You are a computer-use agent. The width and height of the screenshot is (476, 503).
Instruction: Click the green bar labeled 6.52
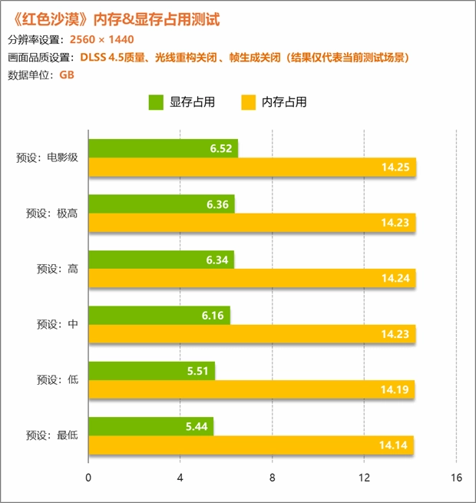tap(163, 148)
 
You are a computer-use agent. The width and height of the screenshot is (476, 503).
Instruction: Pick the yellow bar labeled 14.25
tap(252, 167)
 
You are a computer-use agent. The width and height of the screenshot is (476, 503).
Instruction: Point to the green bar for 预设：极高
tap(161, 204)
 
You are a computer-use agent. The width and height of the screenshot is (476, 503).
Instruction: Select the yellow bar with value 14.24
tap(252, 278)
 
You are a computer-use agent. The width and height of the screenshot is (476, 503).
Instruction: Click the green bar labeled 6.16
tap(159, 315)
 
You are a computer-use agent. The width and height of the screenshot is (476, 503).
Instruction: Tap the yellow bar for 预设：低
tap(251, 389)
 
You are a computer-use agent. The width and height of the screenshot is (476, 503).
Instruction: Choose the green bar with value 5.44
tap(150, 426)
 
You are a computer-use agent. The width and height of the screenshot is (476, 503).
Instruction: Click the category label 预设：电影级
tap(47, 158)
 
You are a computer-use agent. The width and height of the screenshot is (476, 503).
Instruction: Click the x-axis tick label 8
tap(273, 478)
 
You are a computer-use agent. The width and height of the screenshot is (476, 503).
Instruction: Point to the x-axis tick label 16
tap(456, 478)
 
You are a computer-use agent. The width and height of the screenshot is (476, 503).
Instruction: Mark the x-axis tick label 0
tap(89, 478)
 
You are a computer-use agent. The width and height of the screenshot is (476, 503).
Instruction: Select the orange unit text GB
tap(66, 74)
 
